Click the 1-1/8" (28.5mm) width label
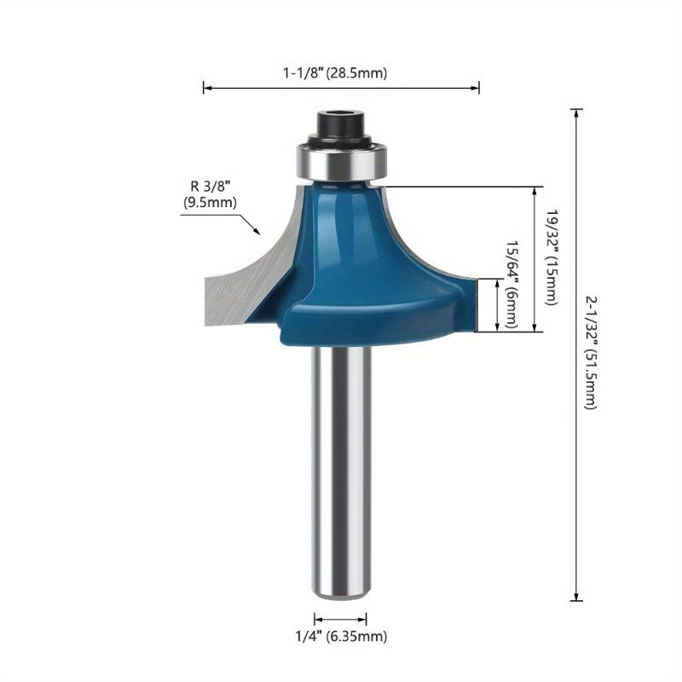(334, 73)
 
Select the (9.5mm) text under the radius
(210, 203)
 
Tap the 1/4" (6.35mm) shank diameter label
(341, 636)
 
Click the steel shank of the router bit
(341, 469)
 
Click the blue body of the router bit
(350, 256)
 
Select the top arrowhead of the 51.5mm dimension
(577, 112)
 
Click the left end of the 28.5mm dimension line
(205, 87)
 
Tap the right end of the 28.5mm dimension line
(478, 87)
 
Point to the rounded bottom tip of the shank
(341, 594)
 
